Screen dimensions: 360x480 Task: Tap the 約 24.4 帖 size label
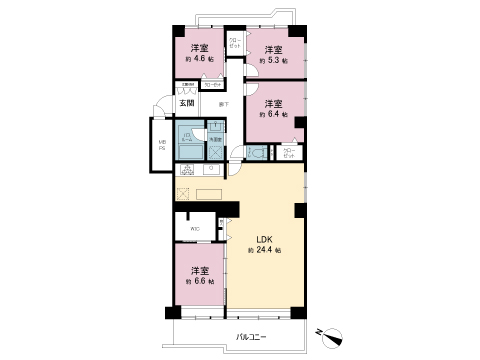point(265,250)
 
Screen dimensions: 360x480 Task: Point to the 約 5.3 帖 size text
point(273,61)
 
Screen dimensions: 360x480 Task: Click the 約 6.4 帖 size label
point(273,115)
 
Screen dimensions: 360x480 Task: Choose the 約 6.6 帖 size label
point(199,283)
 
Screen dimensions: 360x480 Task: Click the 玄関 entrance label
point(187,102)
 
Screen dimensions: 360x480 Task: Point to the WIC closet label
point(194,229)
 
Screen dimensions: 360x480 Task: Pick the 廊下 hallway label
point(223,103)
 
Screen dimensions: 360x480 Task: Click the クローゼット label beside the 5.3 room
point(233,45)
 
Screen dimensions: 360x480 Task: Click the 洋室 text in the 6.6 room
point(199,270)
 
